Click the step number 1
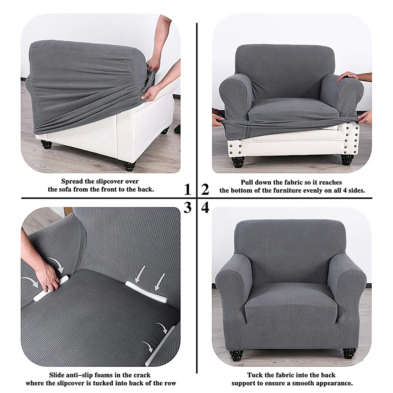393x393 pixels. [187, 189]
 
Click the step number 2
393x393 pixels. [205, 189]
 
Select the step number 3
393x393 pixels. [187, 208]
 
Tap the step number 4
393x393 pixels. [205, 208]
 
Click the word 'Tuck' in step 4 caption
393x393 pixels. [255, 375]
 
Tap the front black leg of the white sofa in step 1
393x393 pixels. [129, 166]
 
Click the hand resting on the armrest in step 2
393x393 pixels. [351, 76]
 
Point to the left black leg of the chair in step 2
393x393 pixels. [238, 162]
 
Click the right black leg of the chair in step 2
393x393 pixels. [348, 159]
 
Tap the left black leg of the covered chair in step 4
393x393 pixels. [236, 356]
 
